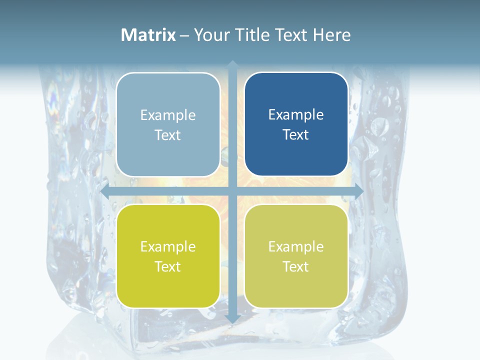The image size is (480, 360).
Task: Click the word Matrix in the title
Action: tap(148, 35)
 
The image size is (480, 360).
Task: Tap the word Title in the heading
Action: tap(251, 35)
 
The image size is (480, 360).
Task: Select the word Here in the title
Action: tap(331, 35)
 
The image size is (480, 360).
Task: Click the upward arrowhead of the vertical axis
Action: tap(232, 64)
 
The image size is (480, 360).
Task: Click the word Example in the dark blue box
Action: tap(296, 114)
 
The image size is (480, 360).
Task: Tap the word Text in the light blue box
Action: tap(168, 135)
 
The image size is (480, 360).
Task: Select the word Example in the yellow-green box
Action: tap(168, 246)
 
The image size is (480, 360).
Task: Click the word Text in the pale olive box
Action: tap(296, 266)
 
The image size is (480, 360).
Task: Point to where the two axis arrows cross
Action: tap(232, 191)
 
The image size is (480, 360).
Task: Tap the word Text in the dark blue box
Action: tap(296, 134)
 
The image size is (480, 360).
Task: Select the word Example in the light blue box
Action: tap(168, 115)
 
